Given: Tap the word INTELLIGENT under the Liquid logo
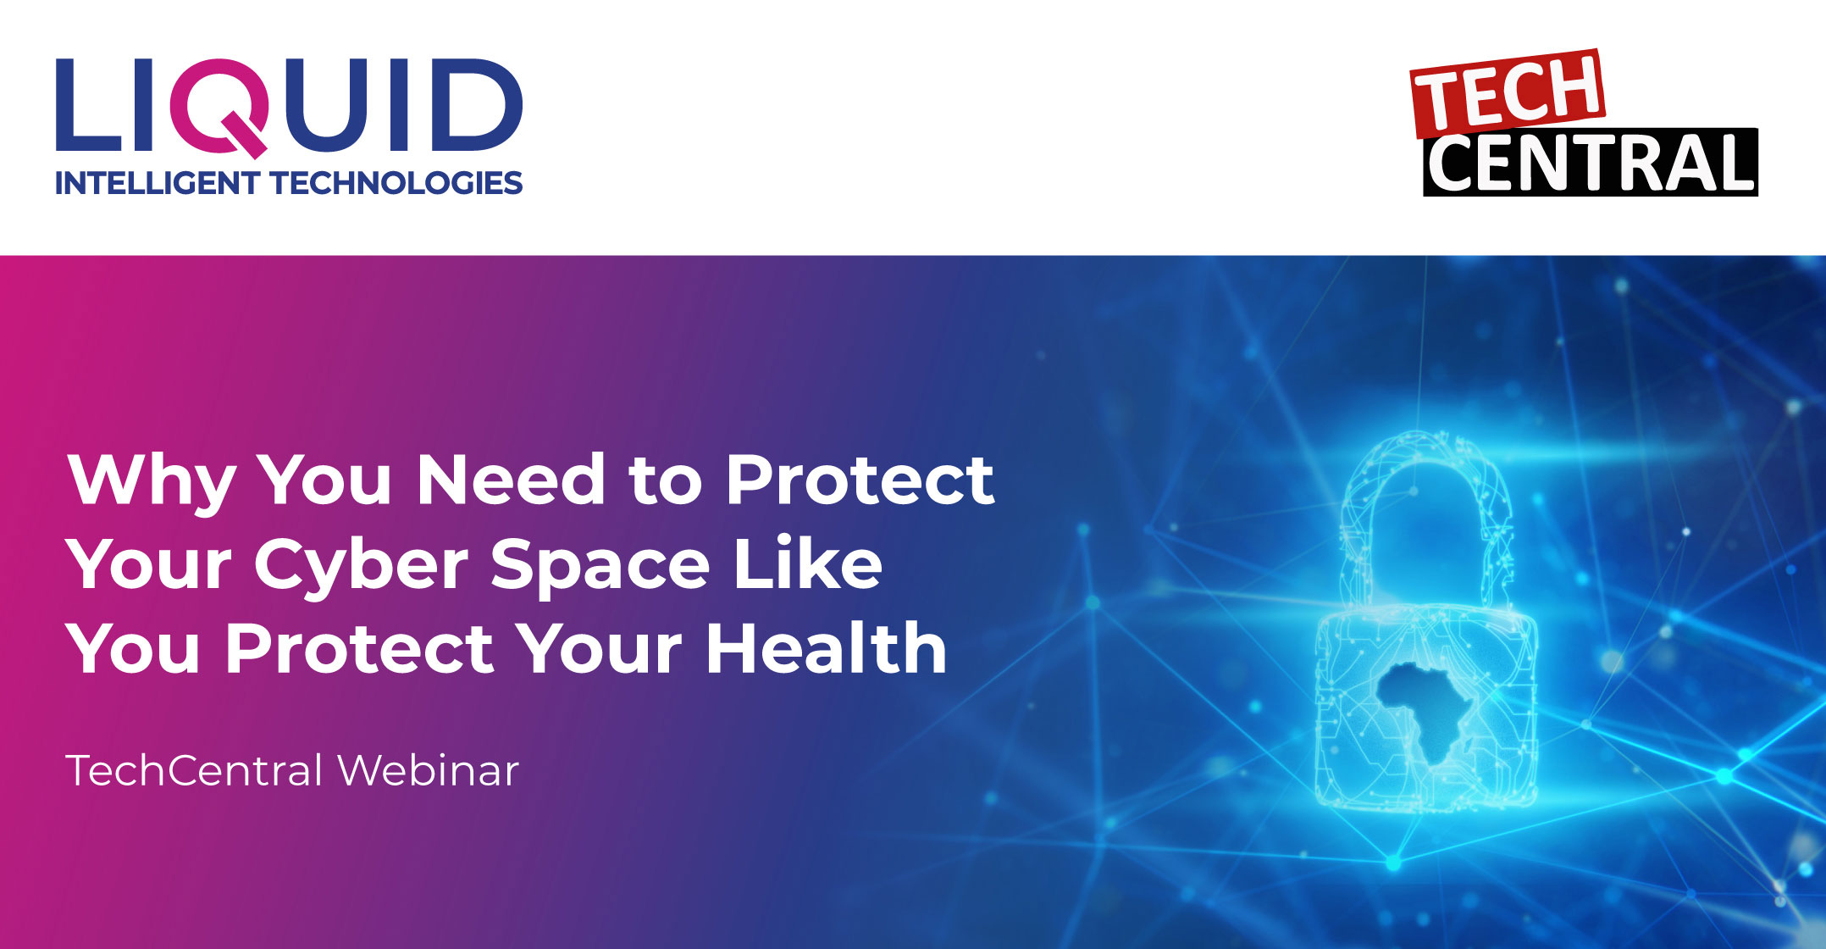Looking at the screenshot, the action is (x=157, y=183).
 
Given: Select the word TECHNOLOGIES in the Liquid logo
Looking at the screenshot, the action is (x=396, y=183).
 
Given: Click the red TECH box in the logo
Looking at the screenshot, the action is (x=1508, y=92).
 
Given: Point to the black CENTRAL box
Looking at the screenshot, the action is (x=1591, y=163).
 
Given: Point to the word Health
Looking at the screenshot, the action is (x=827, y=647).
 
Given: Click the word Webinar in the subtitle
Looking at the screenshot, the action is (x=428, y=770).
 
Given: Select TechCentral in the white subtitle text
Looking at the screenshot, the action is (x=194, y=770).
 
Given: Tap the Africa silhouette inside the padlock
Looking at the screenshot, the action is (x=1420, y=708).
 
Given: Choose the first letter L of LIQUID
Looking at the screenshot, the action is (x=88, y=105).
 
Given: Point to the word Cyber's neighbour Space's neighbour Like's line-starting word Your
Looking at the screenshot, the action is (x=148, y=564).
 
